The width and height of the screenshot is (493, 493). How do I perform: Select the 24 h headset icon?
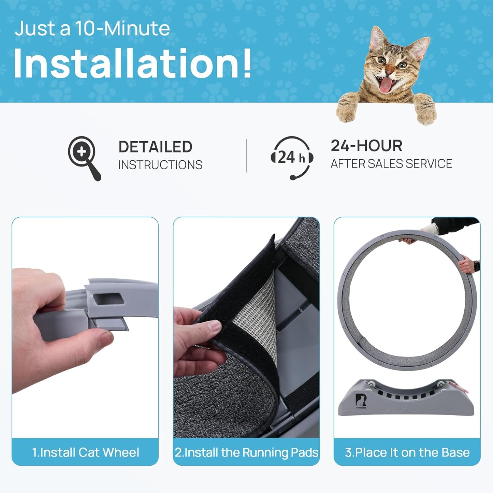[292, 157]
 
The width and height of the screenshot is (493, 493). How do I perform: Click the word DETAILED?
[155, 147]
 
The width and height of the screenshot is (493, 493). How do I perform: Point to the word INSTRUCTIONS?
[160, 165]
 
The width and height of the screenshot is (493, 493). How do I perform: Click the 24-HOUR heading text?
[366, 146]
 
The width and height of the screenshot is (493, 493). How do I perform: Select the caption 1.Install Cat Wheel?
[85, 452]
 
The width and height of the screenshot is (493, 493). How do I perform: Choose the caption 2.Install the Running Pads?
[246, 452]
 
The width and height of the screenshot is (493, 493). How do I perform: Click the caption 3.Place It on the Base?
[407, 452]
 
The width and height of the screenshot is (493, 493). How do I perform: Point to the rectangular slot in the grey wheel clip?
[108, 299]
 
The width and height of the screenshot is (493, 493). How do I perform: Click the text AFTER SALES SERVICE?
[391, 164]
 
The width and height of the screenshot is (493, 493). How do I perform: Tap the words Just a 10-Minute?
[92, 28]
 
